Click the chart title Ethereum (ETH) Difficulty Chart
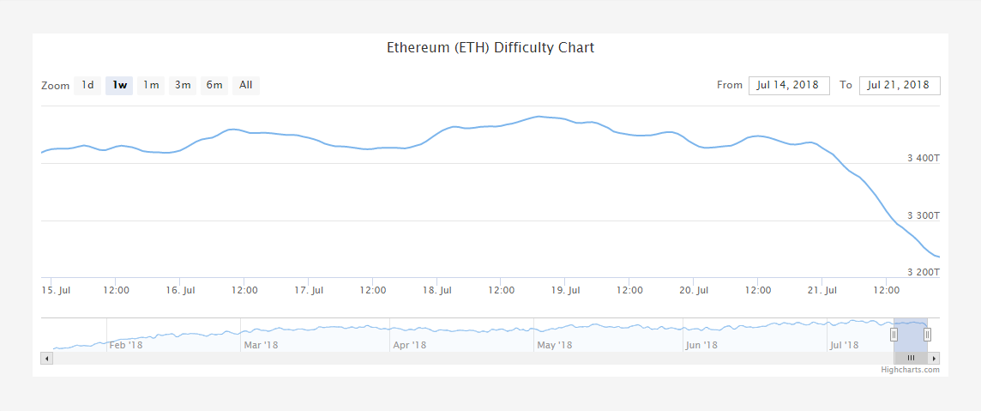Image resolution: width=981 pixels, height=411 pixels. click(x=490, y=47)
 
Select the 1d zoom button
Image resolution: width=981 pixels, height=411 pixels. click(x=87, y=85)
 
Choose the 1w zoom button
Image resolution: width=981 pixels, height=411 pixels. click(x=119, y=85)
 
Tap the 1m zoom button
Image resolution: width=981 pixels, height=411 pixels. click(x=151, y=85)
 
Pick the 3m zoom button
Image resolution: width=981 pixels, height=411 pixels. click(x=183, y=85)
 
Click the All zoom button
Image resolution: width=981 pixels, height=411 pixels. click(x=246, y=85)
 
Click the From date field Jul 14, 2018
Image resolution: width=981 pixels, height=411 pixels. click(x=789, y=85)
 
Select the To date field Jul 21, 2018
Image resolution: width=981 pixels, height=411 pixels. click(x=899, y=85)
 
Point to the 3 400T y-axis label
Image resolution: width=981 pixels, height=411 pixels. click(x=924, y=158)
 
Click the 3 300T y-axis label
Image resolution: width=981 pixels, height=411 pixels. click(x=924, y=215)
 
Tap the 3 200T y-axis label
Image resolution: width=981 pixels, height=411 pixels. click(x=924, y=272)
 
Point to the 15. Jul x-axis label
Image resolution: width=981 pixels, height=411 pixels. click(x=57, y=290)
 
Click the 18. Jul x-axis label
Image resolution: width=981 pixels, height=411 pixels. click(x=437, y=290)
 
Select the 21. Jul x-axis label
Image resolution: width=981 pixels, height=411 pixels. click(x=822, y=290)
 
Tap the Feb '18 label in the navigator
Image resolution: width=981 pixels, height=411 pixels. click(x=127, y=345)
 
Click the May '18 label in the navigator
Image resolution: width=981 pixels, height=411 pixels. click(x=554, y=345)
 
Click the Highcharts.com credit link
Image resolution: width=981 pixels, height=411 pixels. click(x=910, y=370)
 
